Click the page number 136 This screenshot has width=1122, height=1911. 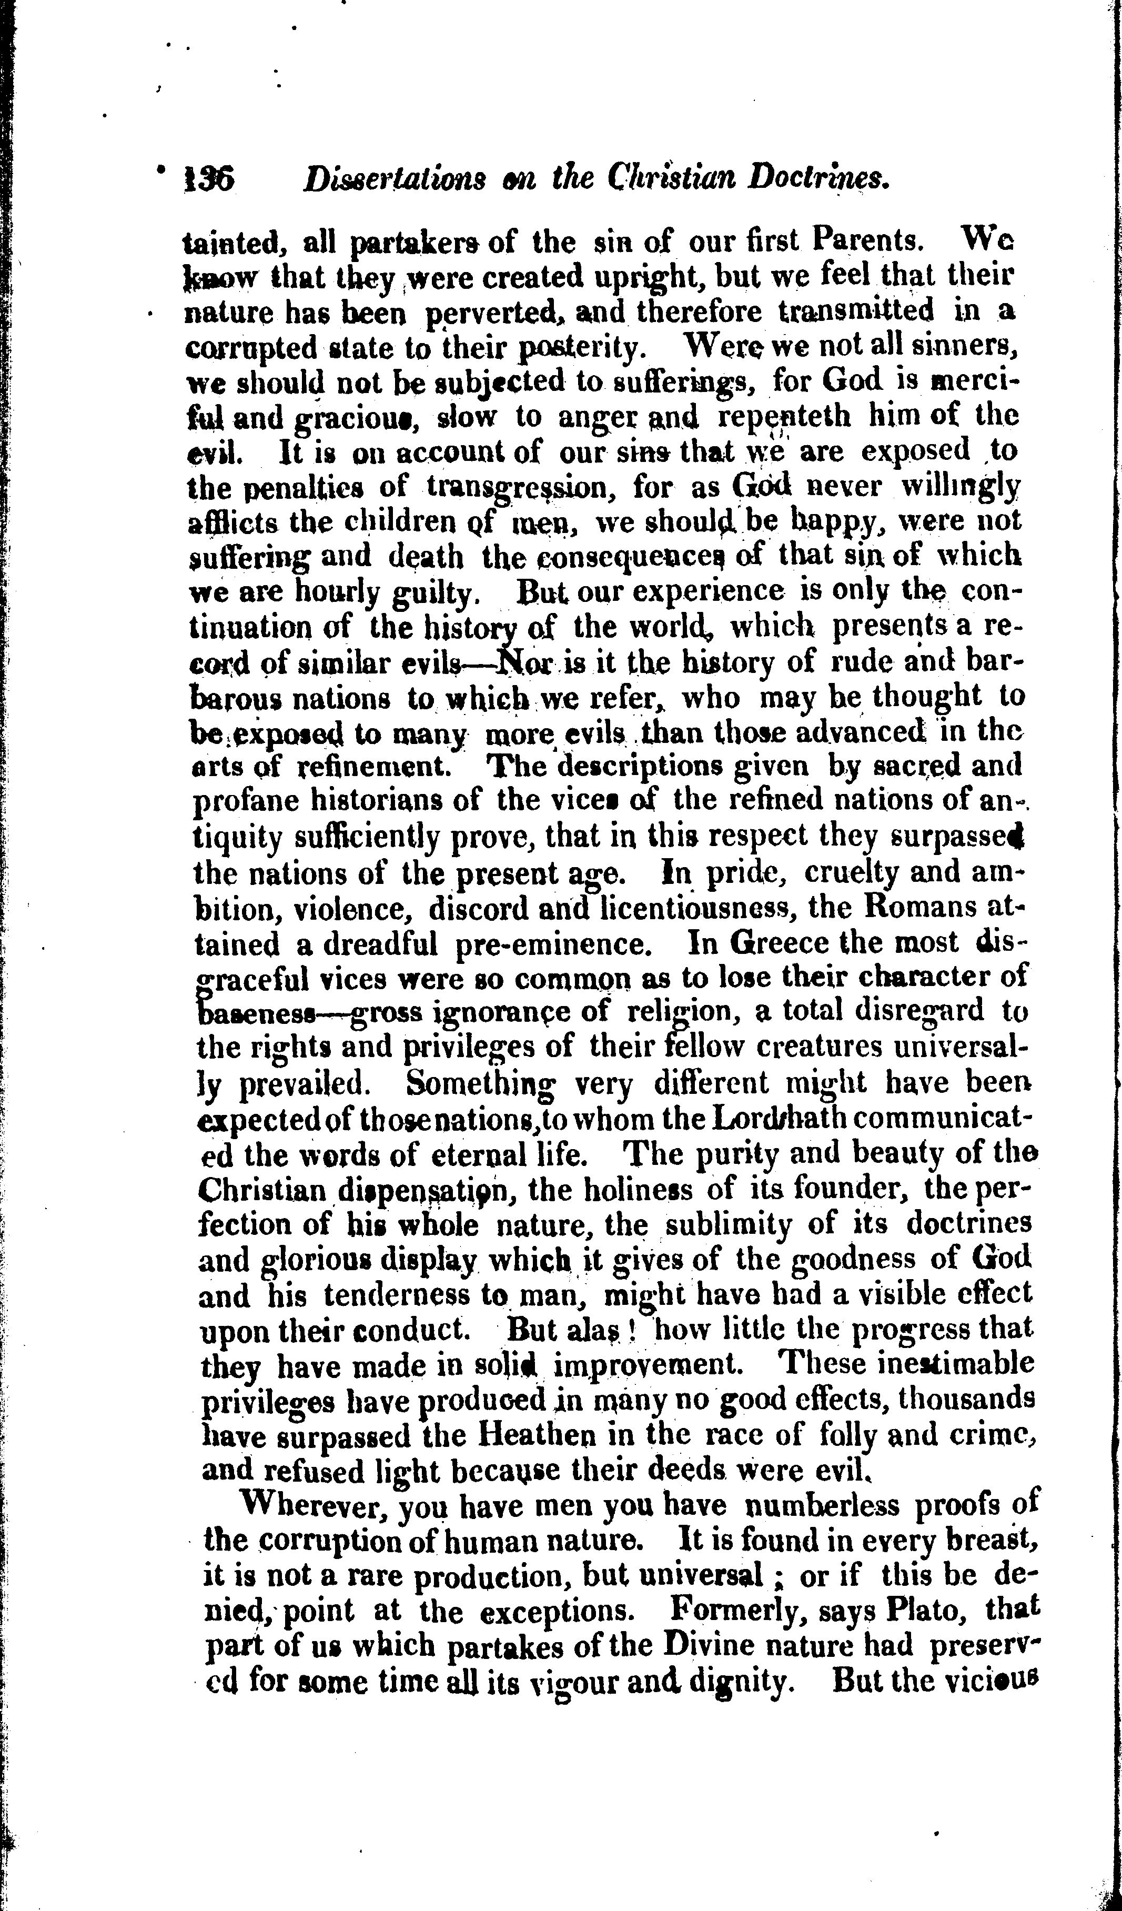tap(210, 180)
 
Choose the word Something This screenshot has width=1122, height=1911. tap(479, 1083)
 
